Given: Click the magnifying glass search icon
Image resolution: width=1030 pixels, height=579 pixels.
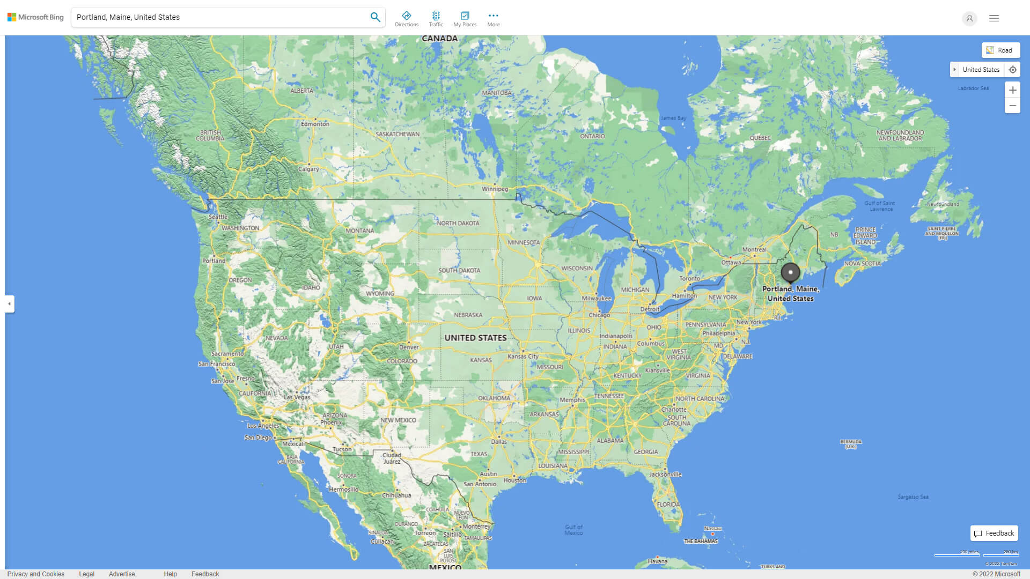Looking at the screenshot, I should (x=375, y=17).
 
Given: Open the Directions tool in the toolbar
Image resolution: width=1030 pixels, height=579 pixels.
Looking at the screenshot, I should (x=407, y=19).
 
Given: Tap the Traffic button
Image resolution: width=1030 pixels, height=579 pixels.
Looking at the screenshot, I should (x=436, y=19).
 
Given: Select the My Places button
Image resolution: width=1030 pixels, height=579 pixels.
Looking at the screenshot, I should (x=465, y=19).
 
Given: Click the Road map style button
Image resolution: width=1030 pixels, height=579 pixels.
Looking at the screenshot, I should (x=1000, y=50).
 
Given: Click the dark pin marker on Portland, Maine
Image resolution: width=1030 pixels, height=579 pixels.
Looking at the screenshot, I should (x=790, y=273).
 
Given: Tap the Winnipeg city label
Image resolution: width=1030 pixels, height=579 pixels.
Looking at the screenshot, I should (x=495, y=189).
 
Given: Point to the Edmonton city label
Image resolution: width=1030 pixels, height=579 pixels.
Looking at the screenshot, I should (x=315, y=124).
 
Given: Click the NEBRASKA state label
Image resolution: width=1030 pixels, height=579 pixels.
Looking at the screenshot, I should (x=468, y=315).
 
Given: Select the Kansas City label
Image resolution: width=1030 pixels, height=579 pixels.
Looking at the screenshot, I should (x=523, y=357).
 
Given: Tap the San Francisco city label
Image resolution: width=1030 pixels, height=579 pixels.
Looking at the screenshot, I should (x=217, y=364).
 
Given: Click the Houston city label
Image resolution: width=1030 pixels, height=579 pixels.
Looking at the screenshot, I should (x=515, y=480).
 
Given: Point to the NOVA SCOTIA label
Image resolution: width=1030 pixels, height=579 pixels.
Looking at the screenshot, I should (x=862, y=264).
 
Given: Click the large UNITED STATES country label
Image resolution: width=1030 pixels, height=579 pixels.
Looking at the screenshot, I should (x=475, y=338).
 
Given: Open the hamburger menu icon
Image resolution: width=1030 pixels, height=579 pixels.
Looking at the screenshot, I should (x=994, y=18).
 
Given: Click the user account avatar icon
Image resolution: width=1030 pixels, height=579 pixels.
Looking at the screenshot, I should (x=969, y=18).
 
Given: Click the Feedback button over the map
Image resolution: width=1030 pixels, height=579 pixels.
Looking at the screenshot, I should (x=994, y=533).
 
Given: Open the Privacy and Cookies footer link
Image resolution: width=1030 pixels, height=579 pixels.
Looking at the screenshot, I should (x=36, y=574).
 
